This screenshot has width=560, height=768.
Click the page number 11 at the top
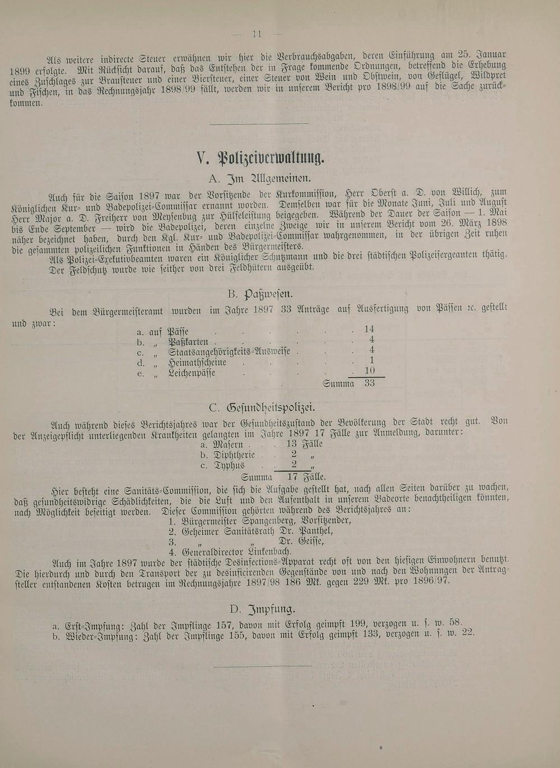pos(257,34)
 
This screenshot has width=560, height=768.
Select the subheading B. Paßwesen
pos(260,294)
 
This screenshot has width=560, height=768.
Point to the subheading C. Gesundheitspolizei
pos(262,408)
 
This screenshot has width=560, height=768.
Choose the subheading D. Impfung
pos(262,609)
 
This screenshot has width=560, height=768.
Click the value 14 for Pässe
pos(369,329)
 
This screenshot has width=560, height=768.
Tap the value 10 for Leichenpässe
pos(369,371)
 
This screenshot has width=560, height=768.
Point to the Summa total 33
pos(369,383)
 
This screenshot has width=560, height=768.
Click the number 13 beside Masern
pos(291,444)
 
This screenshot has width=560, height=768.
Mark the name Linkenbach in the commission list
pos(263,552)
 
